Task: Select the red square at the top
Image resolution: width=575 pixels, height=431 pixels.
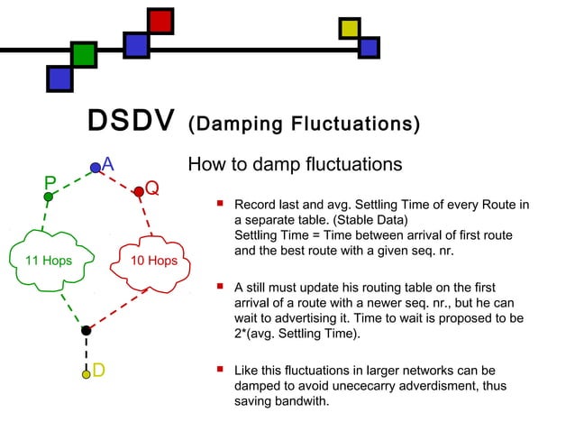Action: (x=161, y=21)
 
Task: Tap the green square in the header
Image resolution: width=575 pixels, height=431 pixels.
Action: (x=84, y=54)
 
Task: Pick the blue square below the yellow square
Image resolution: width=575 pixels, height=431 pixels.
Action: (x=369, y=46)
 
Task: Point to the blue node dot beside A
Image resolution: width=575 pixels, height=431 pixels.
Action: (x=96, y=168)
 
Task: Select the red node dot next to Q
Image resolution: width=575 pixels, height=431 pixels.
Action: (x=139, y=192)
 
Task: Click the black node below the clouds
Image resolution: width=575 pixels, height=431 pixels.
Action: (x=86, y=331)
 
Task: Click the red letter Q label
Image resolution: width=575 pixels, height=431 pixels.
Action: (x=152, y=188)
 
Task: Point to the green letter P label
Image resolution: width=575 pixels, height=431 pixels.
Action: (x=50, y=182)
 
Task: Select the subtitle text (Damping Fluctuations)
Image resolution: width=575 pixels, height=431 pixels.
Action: (x=302, y=124)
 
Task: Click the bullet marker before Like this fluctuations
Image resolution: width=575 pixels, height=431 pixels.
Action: (x=219, y=369)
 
